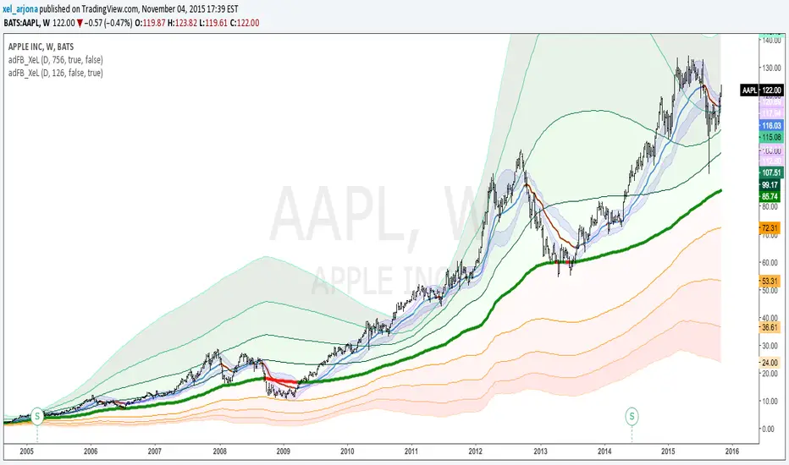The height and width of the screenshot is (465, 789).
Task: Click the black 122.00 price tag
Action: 773,90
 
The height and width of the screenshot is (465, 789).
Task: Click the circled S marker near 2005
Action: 37,415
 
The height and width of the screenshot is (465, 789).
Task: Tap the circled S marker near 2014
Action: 632,415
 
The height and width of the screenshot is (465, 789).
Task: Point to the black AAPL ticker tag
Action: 749,90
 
